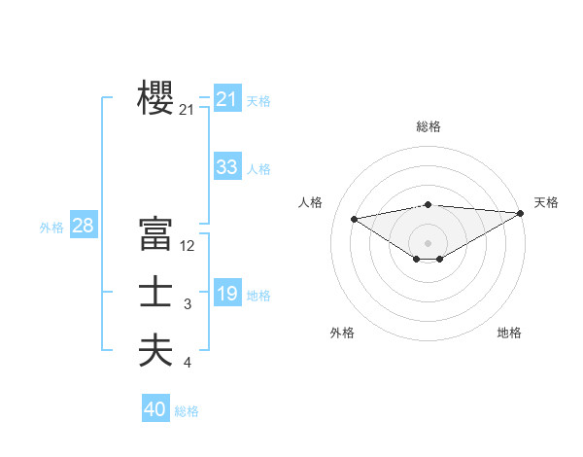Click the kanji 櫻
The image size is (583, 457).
click(x=155, y=98)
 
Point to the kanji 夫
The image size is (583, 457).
click(x=155, y=350)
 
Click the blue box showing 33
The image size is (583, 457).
click(x=226, y=167)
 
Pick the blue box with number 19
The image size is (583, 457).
click(x=226, y=294)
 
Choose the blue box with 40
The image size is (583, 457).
click(x=154, y=409)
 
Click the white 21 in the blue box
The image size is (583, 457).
click(x=226, y=99)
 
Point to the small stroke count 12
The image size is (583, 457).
click(x=188, y=246)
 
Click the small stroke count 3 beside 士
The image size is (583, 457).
click(x=188, y=305)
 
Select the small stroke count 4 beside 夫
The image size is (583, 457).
click(x=188, y=363)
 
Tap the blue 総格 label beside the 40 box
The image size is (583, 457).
click(x=187, y=411)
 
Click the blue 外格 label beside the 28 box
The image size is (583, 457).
click(x=51, y=228)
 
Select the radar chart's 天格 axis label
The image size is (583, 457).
click(x=546, y=202)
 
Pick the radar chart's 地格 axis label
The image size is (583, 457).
click(x=509, y=333)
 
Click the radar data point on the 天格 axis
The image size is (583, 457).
click(x=521, y=213)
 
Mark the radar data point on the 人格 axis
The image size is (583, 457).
click(x=354, y=218)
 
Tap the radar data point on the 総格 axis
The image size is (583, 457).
click(x=428, y=204)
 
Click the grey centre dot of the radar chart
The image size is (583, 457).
click(x=428, y=242)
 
